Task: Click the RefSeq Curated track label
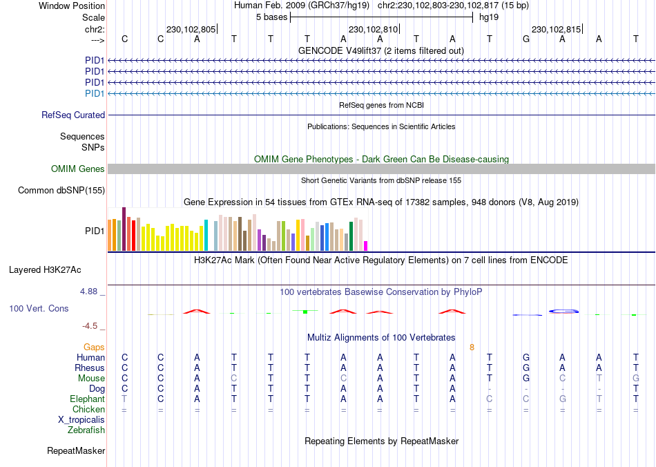pyautogui.click(x=73, y=115)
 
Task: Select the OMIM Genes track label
pyautogui.click(x=78, y=169)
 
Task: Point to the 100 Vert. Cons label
pyautogui.click(x=39, y=308)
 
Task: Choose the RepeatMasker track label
pyautogui.click(x=76, y=451)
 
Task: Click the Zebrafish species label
pyautogui.click(x=86, y=430)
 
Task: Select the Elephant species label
pyautogui.click(x=87, y=399)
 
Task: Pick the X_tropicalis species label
pyautogui.click(x=81, y=420)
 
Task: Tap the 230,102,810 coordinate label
pyautogui.click(x=374, y=30)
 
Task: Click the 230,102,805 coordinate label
pyautogui.click(x=191, y=30)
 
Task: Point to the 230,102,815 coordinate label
pyautogui.click(x=556, y=30)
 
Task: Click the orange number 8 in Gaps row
pyautogui.click(x=472, y=347)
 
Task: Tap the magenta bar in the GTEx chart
pyautogui.click(x=366, y=246)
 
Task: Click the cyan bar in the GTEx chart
pyautogui.click(x=206, y=235)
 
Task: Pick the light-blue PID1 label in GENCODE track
pyautogui.click(x=95, y=93)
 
